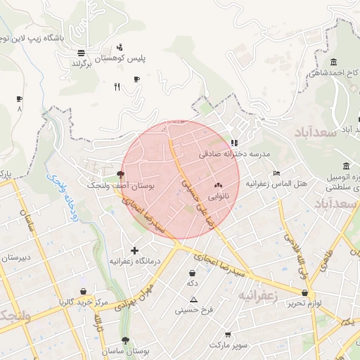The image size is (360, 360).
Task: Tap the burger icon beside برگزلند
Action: (x=81, y=52)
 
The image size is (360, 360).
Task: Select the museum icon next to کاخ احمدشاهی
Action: (x=333, y=62)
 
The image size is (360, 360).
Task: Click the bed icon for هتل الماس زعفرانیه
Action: (x=276, y=173)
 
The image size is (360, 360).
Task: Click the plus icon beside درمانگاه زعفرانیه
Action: (x=135, y=250)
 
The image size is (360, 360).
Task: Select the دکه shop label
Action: (x=191, y=283)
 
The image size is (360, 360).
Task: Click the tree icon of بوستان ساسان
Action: (x=126, y=340)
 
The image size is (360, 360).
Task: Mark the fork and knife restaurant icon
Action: (x=117, y=87)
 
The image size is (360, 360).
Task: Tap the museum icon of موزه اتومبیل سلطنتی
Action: (x=346, y=167)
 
